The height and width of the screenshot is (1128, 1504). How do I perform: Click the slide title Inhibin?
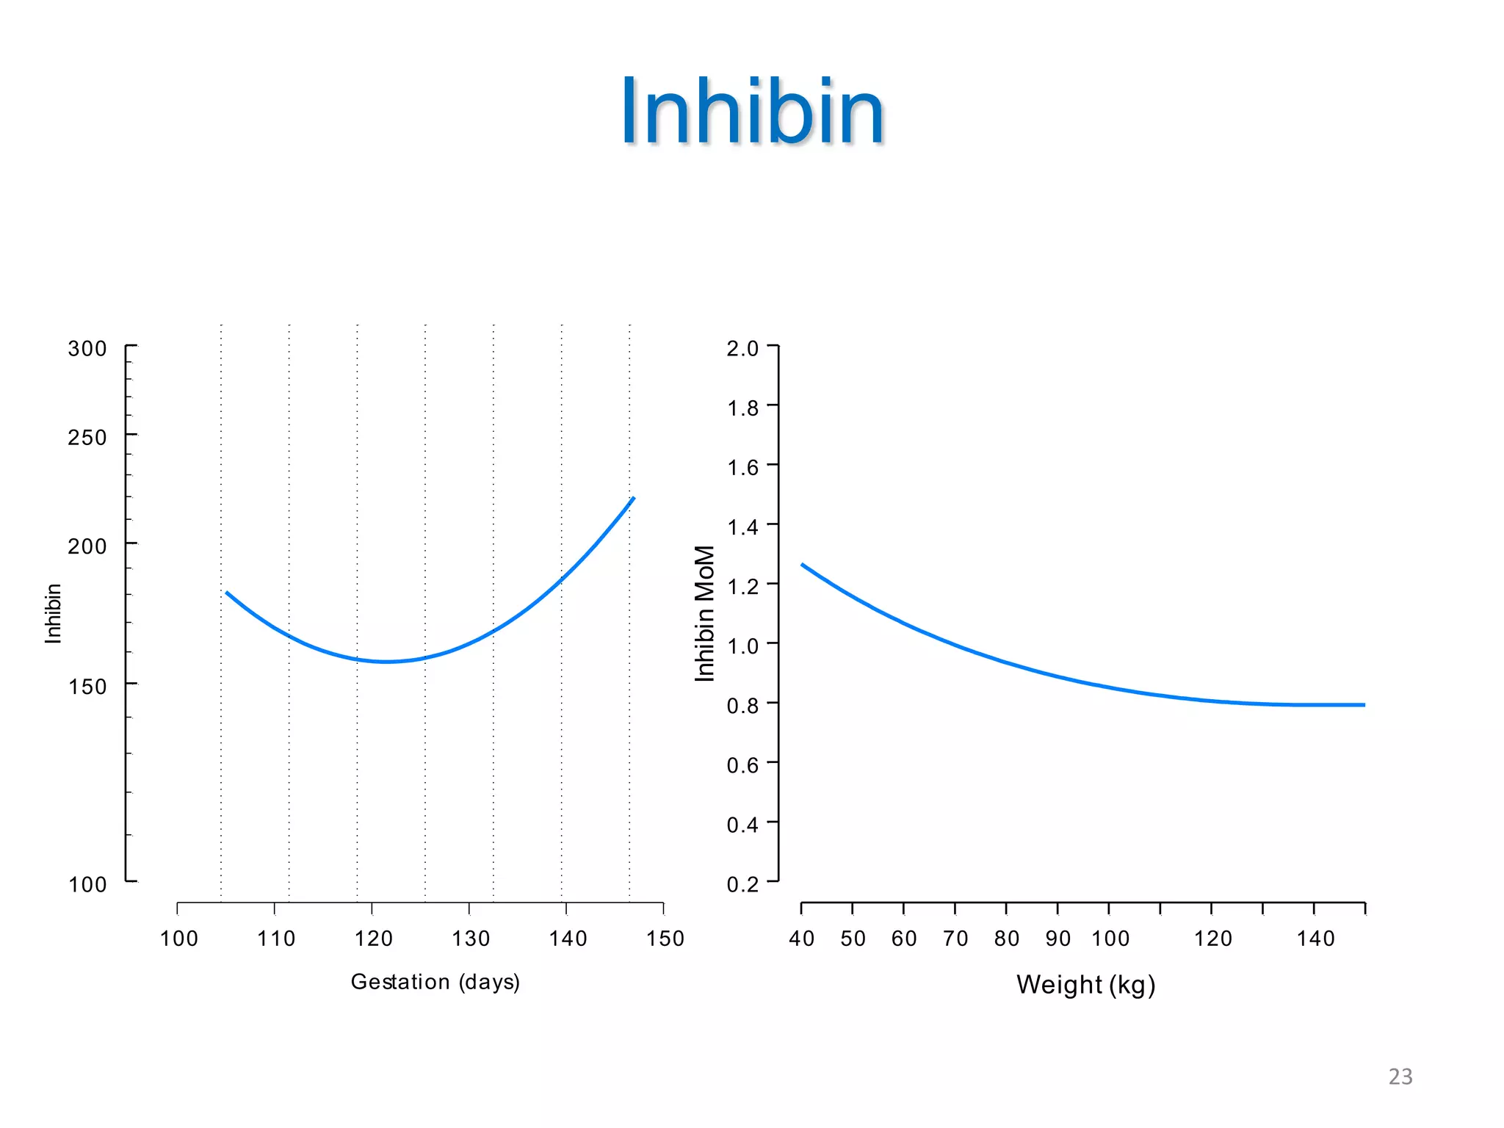click(752, 112)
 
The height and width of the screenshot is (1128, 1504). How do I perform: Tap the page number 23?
click(1400, 1077)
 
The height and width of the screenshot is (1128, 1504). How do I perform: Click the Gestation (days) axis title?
click(435, 982)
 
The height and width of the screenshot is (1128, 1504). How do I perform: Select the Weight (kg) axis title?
click(1085, 984)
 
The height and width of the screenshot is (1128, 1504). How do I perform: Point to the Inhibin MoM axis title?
click(705, 613)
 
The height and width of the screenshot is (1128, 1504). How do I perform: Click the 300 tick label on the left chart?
click(87, 348)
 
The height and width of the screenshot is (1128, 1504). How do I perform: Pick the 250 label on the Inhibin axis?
click(87, 437)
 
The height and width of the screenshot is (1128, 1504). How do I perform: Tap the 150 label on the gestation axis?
click(665, 939)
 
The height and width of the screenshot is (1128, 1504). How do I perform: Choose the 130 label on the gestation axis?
click(470, 939)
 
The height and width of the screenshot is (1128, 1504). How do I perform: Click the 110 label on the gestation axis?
click(276, 939)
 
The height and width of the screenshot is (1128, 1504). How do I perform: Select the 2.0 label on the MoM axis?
click(742, 348)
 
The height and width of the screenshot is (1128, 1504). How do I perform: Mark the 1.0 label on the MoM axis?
click(742, 646)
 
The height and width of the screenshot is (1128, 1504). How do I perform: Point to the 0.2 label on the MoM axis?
click(742, 884)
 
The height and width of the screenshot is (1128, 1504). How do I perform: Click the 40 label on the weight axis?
click(801, 939)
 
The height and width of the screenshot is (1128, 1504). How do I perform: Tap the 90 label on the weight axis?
click(1057, 939)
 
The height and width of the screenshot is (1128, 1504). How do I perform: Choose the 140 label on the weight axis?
click(1315, 939)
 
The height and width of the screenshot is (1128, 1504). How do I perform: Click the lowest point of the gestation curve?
click(386, 662)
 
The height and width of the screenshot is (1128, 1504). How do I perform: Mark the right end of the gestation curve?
click(633, 499)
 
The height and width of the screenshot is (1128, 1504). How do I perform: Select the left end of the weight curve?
click(803, 565)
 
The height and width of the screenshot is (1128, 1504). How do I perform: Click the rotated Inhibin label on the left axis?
click(53, 613)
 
